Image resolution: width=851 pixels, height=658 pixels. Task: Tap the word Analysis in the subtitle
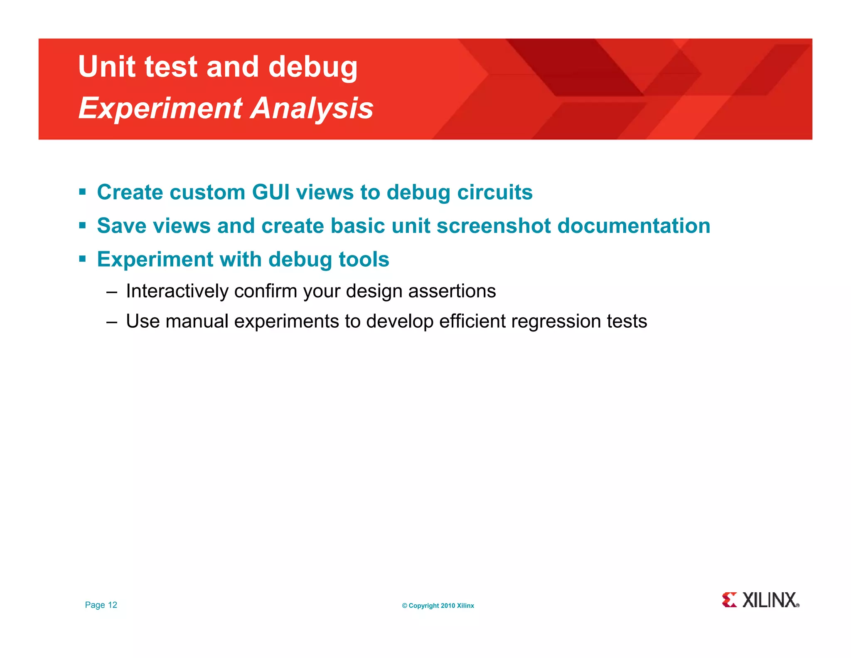(x=312, y=108)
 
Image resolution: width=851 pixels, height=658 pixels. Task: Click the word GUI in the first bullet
(x=271, y=192)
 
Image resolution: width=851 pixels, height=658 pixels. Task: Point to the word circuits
(x=494, y=192)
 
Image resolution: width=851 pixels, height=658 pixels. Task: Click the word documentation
(x=634, y=226)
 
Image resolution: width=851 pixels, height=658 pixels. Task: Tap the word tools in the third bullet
(x=364, y=260)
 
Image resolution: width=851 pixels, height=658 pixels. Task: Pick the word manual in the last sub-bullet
(x=197, y=322)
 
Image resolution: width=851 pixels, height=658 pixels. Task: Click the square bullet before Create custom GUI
(x=82, y=192)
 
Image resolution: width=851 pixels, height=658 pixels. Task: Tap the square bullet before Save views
(x=82, y=226)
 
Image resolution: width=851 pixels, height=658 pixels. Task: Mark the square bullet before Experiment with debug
(x=82, y=260)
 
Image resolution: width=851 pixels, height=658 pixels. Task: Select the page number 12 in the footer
(x=113, y=605)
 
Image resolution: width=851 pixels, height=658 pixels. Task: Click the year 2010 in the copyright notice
(x=448, y=606)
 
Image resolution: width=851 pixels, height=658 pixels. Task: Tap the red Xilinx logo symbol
(x=729, y=600)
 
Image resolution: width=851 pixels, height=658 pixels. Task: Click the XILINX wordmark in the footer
(x=770, y=600)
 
